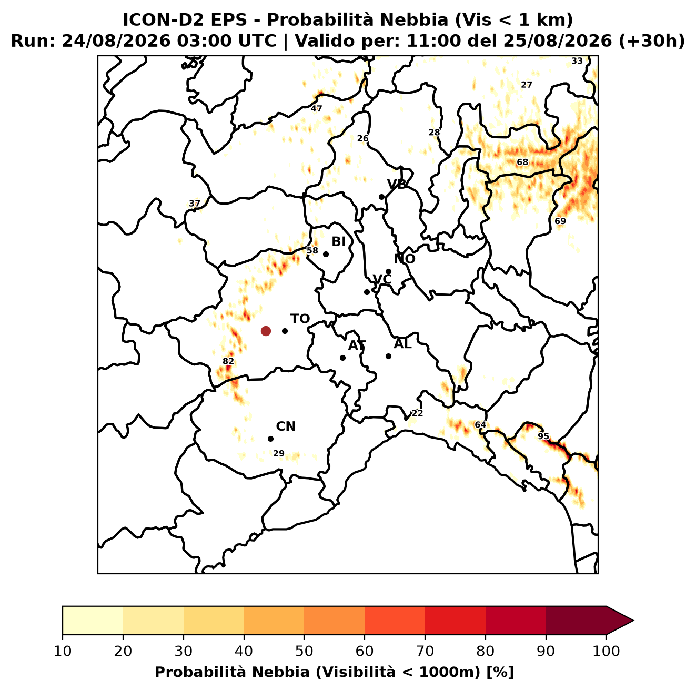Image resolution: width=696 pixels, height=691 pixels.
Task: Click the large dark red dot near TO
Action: click(266, 331)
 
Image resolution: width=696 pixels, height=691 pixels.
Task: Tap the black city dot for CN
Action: click(270, 439)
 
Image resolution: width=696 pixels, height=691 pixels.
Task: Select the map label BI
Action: click(339, 242)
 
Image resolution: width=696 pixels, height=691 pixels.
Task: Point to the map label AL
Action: click(403, 344)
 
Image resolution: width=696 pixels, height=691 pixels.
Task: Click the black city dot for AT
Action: click(343, 358)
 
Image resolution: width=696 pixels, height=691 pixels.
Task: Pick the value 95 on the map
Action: click(543, 436)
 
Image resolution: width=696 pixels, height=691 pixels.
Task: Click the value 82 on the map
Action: click(228, 362)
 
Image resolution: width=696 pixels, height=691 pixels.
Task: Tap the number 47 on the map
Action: click(316, 109)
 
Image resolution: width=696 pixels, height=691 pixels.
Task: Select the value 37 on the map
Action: click(195, 204)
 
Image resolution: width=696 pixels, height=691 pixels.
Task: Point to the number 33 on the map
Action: click(577, 61)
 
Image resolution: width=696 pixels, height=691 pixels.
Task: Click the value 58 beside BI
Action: click(312, 251)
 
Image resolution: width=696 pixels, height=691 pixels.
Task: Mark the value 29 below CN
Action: click(279, 454)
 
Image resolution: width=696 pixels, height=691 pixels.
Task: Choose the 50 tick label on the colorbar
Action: click(304, 651)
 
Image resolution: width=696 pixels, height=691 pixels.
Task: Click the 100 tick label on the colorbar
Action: click(607, 651)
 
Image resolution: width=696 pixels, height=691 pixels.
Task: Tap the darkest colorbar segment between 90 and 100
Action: click(576, 621)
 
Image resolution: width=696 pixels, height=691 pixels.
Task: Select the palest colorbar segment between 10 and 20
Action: click(93, 621)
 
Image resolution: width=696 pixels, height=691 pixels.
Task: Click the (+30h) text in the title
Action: click(651, 41)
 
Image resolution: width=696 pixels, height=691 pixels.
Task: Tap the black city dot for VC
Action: click(367, 292)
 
